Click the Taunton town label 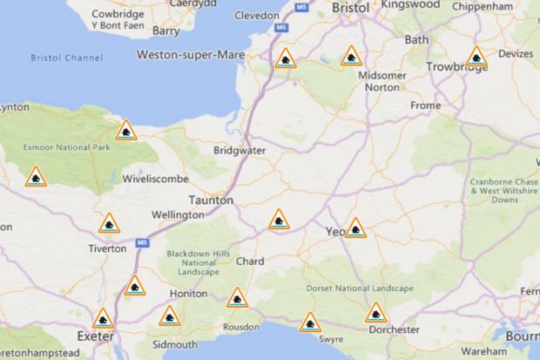coord(212,200)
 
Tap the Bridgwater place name coord(240,150)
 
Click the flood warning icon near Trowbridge coord(476,58)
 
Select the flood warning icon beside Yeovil coord(355,228)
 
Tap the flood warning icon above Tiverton coord(109,223)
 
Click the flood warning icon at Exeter coord(103,319)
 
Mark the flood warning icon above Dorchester coord(375,313)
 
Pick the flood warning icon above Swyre coord(309,323)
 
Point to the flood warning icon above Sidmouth coord(170,316)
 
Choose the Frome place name coord(426,105)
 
